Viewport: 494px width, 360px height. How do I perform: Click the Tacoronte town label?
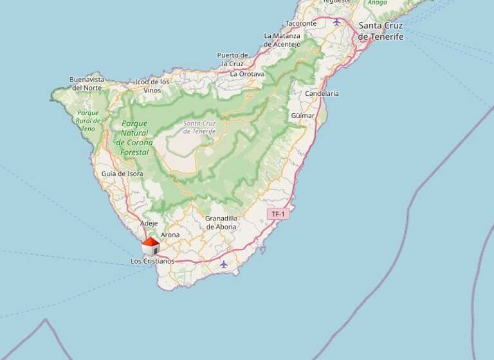pos(301,23)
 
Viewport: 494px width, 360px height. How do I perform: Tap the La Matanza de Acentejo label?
pos(282,40)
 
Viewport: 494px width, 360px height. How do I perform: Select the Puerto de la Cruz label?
pos(232,59)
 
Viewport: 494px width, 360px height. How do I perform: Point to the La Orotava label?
pos(247,74)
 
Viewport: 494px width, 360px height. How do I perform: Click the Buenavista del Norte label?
pos(87,84)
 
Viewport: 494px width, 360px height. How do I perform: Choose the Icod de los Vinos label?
pos(152,86)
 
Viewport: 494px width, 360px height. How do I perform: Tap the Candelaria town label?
pos(322,93)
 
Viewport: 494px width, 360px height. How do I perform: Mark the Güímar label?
pos(303,116)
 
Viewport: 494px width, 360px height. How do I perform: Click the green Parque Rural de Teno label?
pos(88,120)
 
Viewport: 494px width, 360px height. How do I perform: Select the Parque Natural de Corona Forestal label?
pos(134,137)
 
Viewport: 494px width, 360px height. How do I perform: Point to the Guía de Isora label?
pos(122,174)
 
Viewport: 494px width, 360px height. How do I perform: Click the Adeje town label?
pos(149,224)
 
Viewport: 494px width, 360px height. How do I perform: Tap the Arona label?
pos(170,235)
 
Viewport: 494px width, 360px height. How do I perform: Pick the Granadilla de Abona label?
pos(221,222)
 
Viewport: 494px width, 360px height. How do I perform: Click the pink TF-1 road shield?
pos(278,213)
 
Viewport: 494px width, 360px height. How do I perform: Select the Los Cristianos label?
pos(152,261)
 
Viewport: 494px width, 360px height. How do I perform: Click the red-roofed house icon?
pos(151,246)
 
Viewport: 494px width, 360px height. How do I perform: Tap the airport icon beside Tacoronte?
pos(336,22)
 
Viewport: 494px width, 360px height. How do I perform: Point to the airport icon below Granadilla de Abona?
pos(223,264)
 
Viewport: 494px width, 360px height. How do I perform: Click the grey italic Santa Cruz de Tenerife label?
pos(199,127)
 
